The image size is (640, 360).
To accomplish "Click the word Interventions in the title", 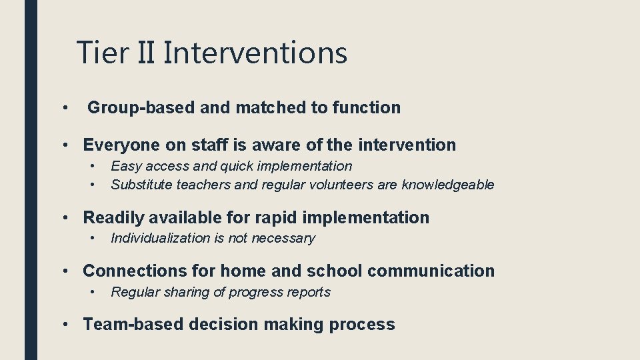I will tap(255, 53).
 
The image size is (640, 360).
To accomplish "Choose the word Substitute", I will tap(142, 185).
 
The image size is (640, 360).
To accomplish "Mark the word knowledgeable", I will tap(448, 185).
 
